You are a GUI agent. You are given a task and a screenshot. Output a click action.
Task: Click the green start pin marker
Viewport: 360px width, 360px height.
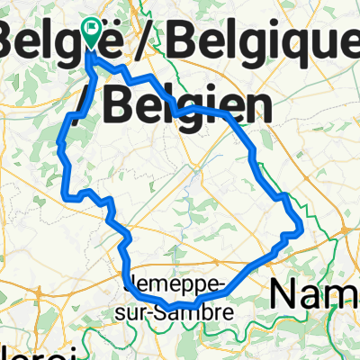coord(93,33)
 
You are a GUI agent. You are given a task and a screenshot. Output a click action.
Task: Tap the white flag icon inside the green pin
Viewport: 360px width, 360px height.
coord(93,29)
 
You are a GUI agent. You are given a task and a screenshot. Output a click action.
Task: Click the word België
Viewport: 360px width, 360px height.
coord(50,40)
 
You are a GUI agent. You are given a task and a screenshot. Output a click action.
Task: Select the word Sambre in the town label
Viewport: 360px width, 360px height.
coord(198,310)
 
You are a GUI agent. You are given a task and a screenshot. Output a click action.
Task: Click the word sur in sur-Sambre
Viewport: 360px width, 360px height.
coord(143,311)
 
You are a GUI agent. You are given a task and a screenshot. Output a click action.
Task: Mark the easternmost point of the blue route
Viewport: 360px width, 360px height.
coord(301,231)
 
